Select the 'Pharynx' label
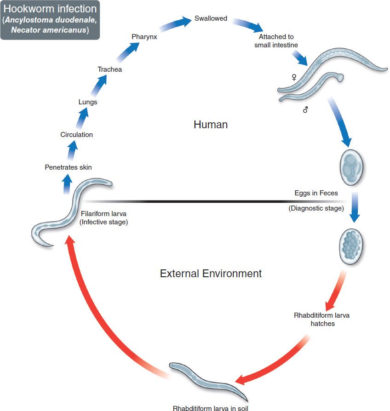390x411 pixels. tap(144, 37)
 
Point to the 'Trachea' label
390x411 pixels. tap(109, 69)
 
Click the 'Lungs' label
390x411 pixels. tap(88, 102)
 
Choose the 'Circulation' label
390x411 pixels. tap(76, 135)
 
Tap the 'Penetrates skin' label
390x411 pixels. tap(68, 167)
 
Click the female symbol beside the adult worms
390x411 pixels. tap(294, 78)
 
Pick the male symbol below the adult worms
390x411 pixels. tap(305, 110)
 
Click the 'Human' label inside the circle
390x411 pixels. tap(211, 125)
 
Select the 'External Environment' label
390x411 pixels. tap(211, 274)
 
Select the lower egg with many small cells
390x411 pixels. tap(351, 244)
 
